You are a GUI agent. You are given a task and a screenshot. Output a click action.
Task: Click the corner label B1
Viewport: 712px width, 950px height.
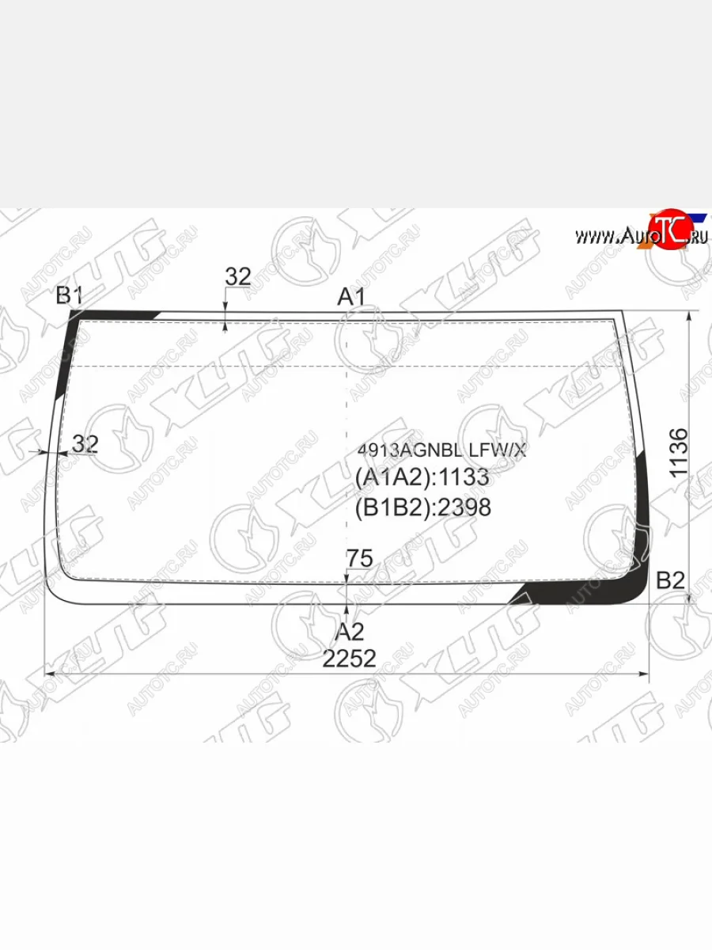pyautogui.click(x=69, y=296)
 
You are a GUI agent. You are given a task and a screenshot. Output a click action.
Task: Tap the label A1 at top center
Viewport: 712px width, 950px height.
pyautogui.click(x=351, y=298)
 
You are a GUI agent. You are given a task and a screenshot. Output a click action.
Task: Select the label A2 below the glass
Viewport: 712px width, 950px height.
pyautogui.click(x=350, y=633)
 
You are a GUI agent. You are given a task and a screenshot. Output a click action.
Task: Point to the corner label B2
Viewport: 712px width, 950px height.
pyautogui.click(x=671, y=580)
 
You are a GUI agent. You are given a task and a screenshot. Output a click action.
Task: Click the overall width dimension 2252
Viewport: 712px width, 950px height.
pyautogui.click(x=350, y=659)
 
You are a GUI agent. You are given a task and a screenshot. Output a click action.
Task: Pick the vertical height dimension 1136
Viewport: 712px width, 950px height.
pyautogui.click(x=678, y=453)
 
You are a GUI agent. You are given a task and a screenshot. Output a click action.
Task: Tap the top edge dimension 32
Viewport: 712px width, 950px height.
pyautogui.click(x=238, y=277)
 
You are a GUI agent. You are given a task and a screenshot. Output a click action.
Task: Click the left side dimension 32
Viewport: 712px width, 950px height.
pyautogui.click(x=85, y=443)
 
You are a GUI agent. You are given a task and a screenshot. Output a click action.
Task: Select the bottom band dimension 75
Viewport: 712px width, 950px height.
pyautogui.click(x=359, y=558)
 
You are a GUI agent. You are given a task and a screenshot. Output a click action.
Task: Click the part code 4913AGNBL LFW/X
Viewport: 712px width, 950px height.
pyautogui.click(x=441, y=451)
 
